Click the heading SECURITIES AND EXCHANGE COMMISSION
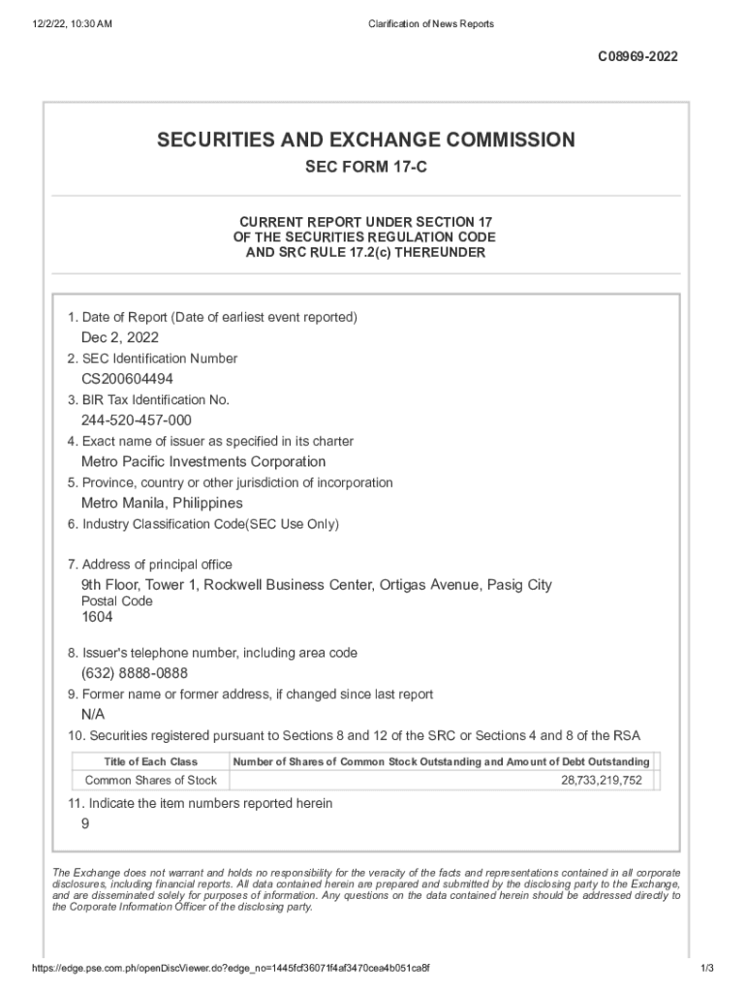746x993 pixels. [366, 141]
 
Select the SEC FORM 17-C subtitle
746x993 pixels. [366, 169]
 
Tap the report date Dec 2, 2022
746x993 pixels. [120, 337]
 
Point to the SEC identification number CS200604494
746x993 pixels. [128, 379]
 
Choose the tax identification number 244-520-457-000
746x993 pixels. [137, 420]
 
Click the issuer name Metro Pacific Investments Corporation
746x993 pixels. [203, 462]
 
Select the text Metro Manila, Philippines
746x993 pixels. [162, 503]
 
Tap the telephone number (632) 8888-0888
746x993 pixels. [135, 673]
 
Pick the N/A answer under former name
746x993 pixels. [93, 715]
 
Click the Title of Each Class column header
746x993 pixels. [150, 762]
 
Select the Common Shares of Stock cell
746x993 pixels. [151, 781]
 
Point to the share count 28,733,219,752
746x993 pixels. [601, 781]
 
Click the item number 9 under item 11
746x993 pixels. [85, 823]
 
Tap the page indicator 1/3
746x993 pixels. [706, 969]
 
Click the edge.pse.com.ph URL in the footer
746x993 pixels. [232, 969]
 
